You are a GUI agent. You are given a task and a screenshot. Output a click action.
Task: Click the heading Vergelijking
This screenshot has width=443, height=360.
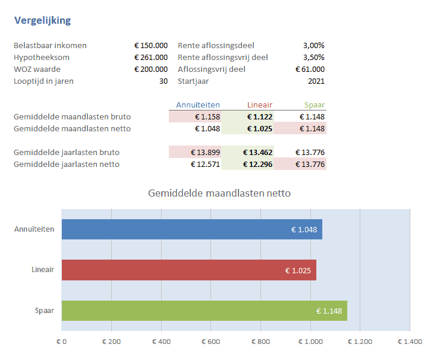pos(42,21)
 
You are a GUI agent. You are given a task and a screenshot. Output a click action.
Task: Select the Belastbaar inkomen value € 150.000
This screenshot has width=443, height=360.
pos(151,46)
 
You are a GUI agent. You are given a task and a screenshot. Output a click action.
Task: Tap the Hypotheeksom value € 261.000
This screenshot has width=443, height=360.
pos(151,58)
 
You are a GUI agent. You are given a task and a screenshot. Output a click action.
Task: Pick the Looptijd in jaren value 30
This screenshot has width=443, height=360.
pos(163,81)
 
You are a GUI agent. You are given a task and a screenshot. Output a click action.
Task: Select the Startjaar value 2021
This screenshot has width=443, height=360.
pos(315,81)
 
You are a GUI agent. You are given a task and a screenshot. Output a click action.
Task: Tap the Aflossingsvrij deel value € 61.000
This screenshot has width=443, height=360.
pos(310,70)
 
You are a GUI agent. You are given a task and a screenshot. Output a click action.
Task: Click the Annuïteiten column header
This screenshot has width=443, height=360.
pos(198,105)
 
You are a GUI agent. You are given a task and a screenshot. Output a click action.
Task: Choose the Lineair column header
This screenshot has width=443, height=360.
pos(260,105)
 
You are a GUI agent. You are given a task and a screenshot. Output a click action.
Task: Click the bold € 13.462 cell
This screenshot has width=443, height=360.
pos(257,153)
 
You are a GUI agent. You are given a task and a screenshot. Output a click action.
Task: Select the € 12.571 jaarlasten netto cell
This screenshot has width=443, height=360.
pos(205,165)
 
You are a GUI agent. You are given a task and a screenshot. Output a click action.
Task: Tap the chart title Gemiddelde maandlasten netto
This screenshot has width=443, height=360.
pos(219,193)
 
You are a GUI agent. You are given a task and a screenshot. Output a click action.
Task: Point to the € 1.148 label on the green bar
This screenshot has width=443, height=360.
pos(329,311)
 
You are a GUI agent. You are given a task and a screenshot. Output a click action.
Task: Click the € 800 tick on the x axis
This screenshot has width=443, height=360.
pos(261,342)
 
